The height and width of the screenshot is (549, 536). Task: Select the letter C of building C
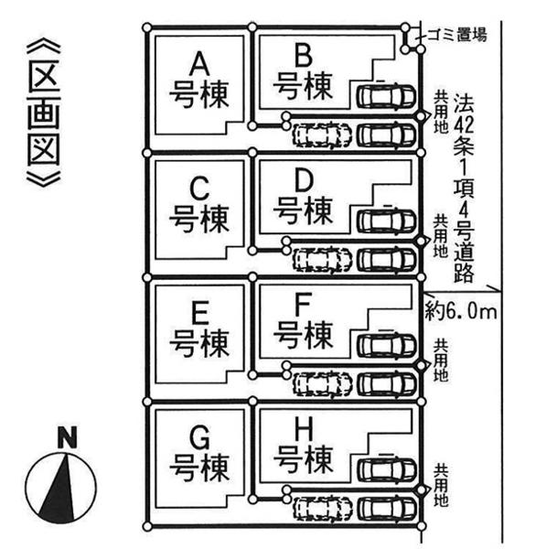point(201,188)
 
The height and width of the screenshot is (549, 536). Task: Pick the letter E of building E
point(201,314)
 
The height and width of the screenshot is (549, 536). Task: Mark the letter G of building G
point(201,439)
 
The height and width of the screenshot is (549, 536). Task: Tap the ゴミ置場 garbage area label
point(456,36)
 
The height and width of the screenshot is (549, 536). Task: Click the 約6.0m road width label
point(461,312)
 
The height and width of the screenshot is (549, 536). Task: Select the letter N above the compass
point(66,438)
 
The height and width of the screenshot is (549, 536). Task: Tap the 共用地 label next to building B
point(442,113)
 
